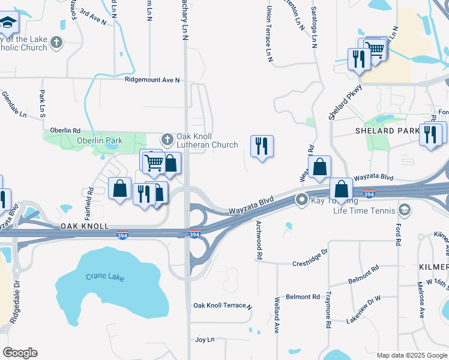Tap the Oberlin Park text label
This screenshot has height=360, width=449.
point(100,141)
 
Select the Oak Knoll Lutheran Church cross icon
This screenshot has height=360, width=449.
point(166,139)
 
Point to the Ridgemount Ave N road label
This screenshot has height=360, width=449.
point(152,80)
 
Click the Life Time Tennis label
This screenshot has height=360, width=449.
point(366,210)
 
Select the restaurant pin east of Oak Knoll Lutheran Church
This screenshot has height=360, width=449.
point(261,146)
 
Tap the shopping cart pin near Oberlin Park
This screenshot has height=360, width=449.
point(154,161)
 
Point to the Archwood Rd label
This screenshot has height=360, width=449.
point(259,239)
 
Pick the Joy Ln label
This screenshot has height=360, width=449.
point(205,340)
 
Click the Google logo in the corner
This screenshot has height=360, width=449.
point(20,353)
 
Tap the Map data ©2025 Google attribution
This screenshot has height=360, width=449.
point(411,355)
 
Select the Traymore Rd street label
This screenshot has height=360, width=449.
point(328,310)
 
